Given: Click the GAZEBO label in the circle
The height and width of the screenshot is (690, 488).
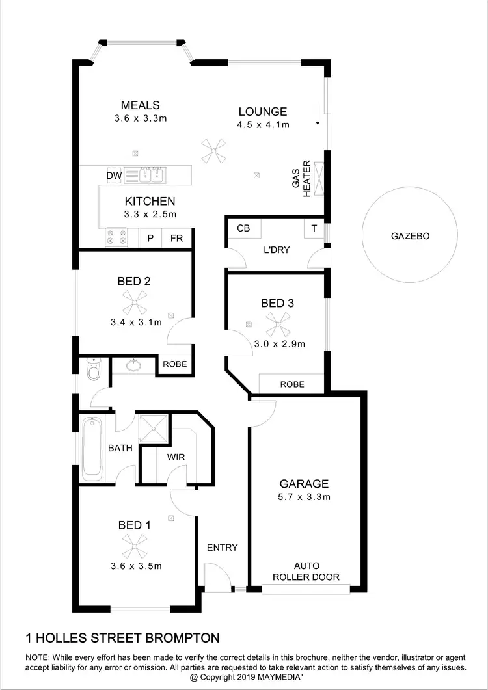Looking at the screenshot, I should (x=410, y=237).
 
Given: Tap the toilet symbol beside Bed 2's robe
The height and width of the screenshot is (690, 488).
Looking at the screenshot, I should (x=93, y=369).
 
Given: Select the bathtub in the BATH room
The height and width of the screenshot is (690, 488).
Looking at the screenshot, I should (x=92, y=448).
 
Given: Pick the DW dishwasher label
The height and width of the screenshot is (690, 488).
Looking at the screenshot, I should (x=114, y=176).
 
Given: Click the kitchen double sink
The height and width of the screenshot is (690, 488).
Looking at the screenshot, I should (x=146, y=175).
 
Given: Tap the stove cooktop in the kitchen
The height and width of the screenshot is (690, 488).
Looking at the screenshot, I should (x=116, y=237).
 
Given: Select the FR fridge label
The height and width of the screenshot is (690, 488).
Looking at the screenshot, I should (x=176, y=238).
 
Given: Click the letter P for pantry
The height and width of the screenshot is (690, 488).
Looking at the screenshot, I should (x=150, y=238).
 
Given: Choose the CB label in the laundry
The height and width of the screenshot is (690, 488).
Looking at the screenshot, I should (x=243, y=229).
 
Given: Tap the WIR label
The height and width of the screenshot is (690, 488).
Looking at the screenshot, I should (x=176, y=457).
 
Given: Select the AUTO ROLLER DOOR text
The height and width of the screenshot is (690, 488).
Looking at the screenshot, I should (x=306, y=571).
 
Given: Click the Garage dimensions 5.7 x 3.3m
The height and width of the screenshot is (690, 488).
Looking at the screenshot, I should (x=305, y=498).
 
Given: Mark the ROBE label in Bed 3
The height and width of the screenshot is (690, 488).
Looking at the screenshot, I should (x=292, y=384).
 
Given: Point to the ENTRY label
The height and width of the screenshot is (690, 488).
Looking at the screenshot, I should (x=223, y=548).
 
